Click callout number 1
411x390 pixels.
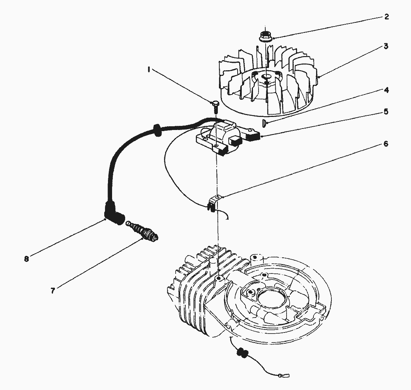click(x=149, y=69)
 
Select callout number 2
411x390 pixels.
click(x=386, y=17)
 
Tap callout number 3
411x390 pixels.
click(x=386, y=46)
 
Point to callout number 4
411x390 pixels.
click(x=386, y=90)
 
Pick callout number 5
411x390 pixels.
click(x=386, y=112)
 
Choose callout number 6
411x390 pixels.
click(x=386, y=144)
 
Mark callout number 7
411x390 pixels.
click(x=53, y=291)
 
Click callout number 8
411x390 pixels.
click(x=26, y=259)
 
